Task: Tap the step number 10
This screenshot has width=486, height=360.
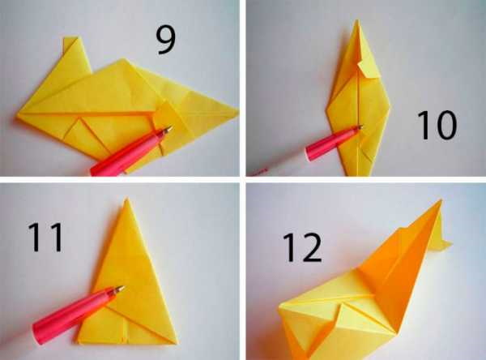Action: pos(437,126)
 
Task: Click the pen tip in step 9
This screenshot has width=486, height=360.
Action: pos(168,128)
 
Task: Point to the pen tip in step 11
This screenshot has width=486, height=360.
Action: pos(121,288)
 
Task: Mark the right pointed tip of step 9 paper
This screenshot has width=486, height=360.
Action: pos(238,110)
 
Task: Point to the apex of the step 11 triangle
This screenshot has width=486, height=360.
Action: pos(126,199)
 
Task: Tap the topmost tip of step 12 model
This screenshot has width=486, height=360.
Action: pos(441,200)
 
